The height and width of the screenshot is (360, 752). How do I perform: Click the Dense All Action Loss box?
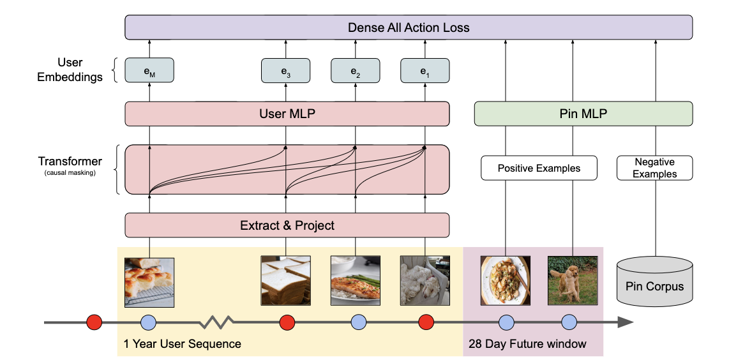(x=409, y=27)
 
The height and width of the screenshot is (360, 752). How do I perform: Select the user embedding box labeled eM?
(x=149, y=71)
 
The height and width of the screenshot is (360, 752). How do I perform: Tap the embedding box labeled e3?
(x=285, y=71)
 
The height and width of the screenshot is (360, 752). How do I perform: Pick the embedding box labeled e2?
(x=355, y=71)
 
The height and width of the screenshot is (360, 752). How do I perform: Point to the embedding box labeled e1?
(x=425, y=71)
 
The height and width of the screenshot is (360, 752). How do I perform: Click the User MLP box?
(x=287, y=114)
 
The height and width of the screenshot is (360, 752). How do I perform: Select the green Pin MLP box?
(x=583, y=114)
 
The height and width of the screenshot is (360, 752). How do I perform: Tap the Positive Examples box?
(x=539, y=169)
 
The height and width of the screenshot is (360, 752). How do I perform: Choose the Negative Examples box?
(x=655, y=169)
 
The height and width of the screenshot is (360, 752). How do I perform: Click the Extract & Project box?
(x=287, y=225)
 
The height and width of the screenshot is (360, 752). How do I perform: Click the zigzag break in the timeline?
(x=218, y=322)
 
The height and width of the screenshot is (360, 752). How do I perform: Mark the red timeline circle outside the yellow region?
(x=94, y=322)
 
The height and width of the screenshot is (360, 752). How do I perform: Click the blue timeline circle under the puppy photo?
(x=569, y=322)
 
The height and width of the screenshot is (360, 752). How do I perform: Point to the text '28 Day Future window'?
(x=527, y=344)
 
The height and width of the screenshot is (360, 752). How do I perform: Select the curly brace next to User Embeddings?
(x=115, y=71)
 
